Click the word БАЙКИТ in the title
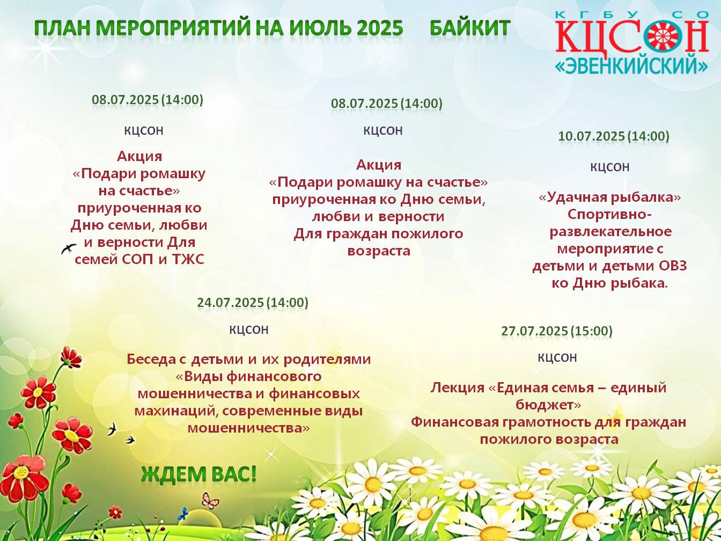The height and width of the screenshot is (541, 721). (470, 27)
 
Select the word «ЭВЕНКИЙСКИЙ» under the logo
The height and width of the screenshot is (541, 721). (631, 65)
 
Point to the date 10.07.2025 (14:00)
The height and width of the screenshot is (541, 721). (614, 136)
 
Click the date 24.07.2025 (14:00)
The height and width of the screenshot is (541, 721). (253, 302)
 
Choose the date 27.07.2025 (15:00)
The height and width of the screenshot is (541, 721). (557, 331)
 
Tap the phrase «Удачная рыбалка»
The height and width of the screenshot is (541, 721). (609, 197)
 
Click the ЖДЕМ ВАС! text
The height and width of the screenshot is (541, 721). (198, 474)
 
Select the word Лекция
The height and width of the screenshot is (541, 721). (458, 388)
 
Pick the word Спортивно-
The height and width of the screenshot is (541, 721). (609, 215)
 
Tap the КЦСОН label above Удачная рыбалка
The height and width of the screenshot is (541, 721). (609, 167)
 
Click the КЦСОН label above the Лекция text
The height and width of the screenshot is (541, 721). (557, 357)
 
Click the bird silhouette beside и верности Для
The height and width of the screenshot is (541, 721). (69, 248)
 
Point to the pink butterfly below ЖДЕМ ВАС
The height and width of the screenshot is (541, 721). (210, 501)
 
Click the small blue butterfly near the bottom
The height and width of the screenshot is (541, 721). (183, 514)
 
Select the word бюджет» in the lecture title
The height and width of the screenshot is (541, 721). (548, 405)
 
